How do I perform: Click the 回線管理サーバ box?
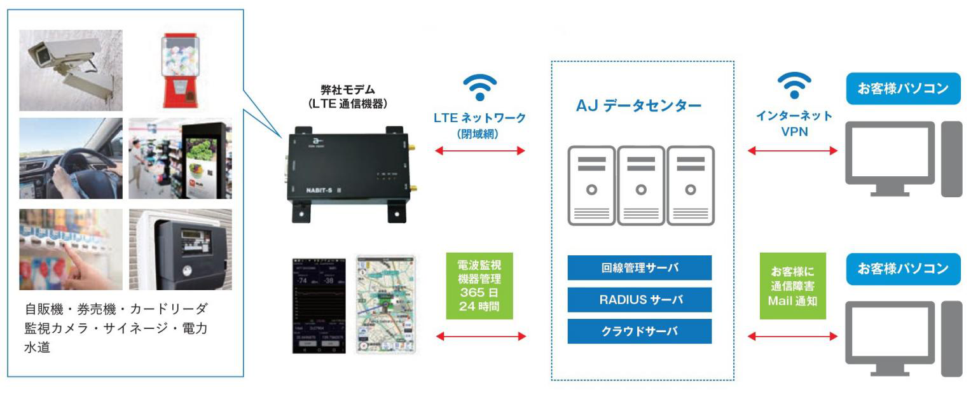(x=639, y=268)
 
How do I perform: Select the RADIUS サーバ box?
(x=639, y=300)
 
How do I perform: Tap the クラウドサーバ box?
(x=639, y=332)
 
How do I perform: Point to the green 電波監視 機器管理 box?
(x=479, y=286)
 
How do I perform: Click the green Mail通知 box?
(x=792, y=285)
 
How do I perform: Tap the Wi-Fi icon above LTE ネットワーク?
(x=479, y=87)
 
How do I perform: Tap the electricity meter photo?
(x=180, y=249)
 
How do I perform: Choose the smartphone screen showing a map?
(x=385, y=305)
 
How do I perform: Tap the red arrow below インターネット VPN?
(x=792, y=151)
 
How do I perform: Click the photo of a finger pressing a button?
(x=71, y=249)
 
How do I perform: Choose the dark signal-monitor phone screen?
(x=319, y=305)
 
